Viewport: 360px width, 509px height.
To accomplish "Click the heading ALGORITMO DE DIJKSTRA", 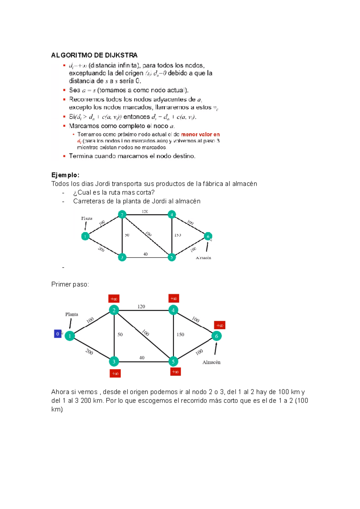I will [x=94, y=55].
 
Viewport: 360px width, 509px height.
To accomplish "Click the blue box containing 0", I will [x=58, y=334].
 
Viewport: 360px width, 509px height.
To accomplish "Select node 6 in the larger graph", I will [x=217, y=336].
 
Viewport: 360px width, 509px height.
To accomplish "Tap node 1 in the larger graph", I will [x=70, y=336].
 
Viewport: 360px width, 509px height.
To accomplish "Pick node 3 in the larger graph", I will [x=114, y=362].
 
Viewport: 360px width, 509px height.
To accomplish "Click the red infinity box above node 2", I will [x=114, y=299].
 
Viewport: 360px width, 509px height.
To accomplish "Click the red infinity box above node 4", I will [x=174, y=298].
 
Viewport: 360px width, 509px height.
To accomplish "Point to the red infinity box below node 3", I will [x=115, y=374].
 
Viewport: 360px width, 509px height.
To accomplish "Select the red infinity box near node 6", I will [x=220, y=325].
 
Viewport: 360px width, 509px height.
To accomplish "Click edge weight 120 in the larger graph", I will [x=141, y=306].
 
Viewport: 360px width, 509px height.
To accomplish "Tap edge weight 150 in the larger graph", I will [x=180, y=335].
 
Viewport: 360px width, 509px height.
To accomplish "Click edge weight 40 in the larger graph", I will [x=142, y=358].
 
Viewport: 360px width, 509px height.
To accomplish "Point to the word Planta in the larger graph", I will [x=72, y=314].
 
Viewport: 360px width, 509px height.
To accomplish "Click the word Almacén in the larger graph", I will [x=211, y=362].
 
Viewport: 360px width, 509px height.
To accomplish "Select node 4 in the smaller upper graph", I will [x=172, y=215].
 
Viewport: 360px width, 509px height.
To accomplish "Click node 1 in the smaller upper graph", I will [x=85, y=236].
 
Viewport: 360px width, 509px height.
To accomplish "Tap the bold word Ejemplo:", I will [x=65, y=175].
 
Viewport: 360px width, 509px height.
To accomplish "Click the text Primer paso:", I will [x=70, y=284].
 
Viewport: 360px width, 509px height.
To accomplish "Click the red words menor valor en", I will [x=200, y=135].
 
